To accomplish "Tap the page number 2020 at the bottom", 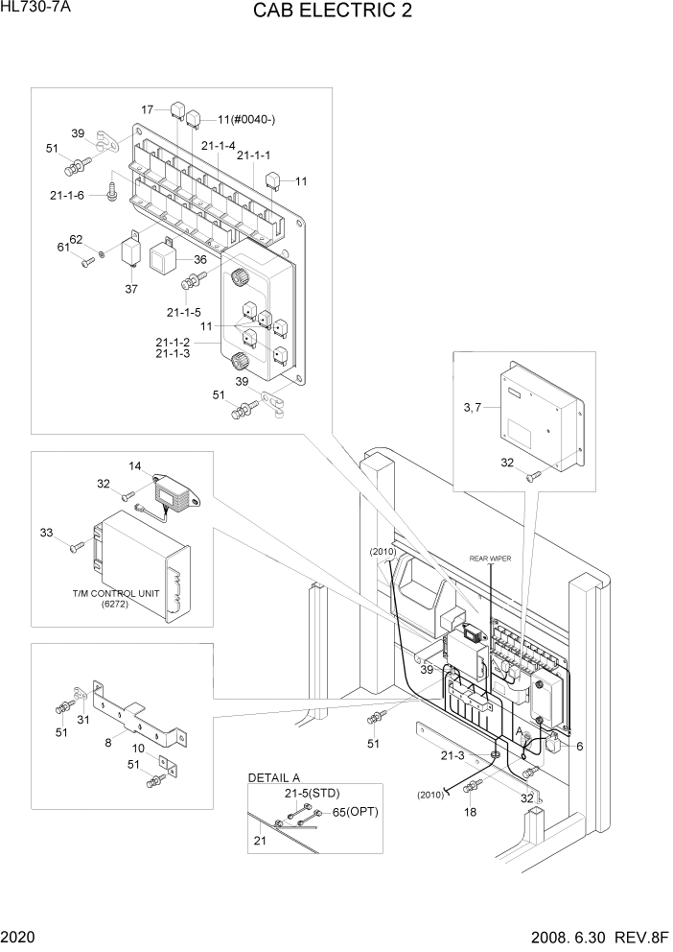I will (x=19, y=936).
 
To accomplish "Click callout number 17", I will (x=147, y=110).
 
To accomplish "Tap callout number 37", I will (x=131, y=288).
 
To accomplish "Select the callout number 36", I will (x=199, y=259).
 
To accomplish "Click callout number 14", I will (x=135, y=466).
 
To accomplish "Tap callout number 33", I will (x=47, y=532).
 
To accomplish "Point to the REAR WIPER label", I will (x=489, y=558).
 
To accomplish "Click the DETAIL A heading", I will (x=274, y=776).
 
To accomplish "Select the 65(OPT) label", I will (x=354, y=812).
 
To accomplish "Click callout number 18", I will (x=470, y=811).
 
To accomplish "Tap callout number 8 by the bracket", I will (x=107, y=741).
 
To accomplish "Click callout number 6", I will (x=579, y=746).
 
